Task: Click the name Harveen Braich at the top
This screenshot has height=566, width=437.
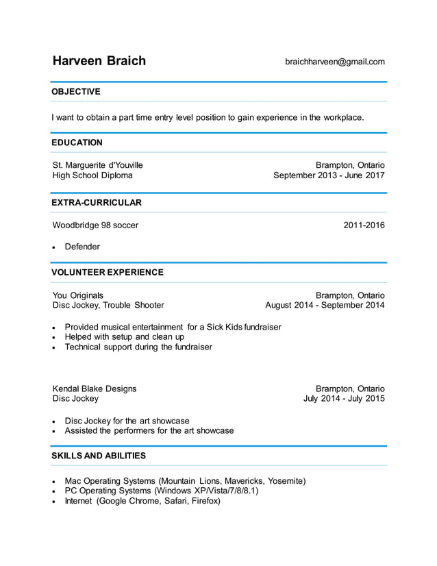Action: (x=99, y=61)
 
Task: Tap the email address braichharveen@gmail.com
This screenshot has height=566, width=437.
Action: (x=334, y=62)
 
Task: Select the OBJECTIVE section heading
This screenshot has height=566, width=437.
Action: (x=76, y=92)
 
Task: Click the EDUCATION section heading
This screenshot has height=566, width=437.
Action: (x=77, y=143)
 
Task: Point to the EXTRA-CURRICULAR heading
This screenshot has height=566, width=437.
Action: (x=97, y=203)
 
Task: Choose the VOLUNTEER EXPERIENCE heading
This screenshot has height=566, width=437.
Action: (x=108, y=272)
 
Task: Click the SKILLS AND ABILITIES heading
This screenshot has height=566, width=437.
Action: (x=99, y=456)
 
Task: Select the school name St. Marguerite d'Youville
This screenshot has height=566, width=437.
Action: (x=98, y=165)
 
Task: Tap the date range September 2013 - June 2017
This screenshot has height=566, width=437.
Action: (x=329, y=175)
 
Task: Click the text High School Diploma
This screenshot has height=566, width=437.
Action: (x=92, y=175)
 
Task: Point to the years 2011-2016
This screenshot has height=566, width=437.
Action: (x=364, y=225)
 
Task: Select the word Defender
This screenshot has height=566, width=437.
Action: (x=82, y=247)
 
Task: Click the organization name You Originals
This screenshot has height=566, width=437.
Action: (x=77, y=295)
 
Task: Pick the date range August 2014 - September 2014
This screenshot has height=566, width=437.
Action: (x=325, y=306)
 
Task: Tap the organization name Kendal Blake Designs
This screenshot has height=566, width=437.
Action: (x=95, y=389)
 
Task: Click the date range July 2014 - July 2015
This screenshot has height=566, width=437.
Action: (x=344, y=399)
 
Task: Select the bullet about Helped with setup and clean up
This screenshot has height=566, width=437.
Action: (x=124, y=337)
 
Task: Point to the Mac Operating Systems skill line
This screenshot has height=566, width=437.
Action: (x=185, y=481)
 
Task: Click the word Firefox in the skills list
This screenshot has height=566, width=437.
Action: (x=204, y=501)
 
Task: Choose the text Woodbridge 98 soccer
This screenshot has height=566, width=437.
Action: (x=95, y=225)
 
